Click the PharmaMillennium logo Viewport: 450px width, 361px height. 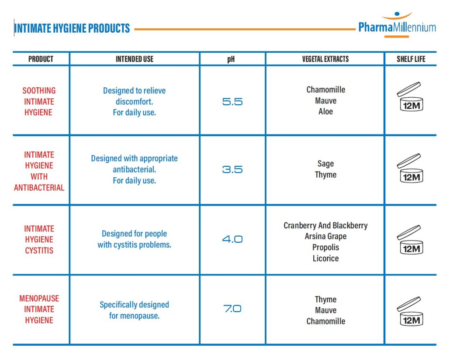(x=397, y=27)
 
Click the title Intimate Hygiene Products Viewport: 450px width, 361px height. (x=72, y=29)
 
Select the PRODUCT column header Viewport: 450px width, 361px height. (x=41, y=59)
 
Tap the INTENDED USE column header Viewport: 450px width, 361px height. (x=135, y=59)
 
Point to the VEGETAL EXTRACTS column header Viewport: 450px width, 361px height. (x=325, y=59)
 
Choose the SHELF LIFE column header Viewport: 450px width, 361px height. (x=411, y=59)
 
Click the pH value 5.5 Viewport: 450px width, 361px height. (x=232, y=102)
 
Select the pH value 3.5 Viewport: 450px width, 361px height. (x=232, y=169)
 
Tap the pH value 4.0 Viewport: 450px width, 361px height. (x=232, y=239)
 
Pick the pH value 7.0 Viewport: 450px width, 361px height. (x=232, y=309)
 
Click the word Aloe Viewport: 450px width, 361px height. (x=325, y=112)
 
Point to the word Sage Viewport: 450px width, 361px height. (x=325, y=164)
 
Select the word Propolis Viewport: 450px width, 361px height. (x=325, y=248)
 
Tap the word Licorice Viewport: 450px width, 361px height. (x=325, y=258)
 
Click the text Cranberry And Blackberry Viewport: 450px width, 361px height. (x=325, y=226)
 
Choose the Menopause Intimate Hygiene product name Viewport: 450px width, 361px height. (x=39, y=309)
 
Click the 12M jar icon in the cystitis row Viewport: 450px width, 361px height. (x=410, y=240)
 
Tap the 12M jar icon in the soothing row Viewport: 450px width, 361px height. (x=410, y=96)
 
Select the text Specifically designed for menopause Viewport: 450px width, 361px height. (x=134, y=310)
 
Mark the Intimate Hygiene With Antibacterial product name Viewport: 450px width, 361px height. (x=39, y=171)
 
